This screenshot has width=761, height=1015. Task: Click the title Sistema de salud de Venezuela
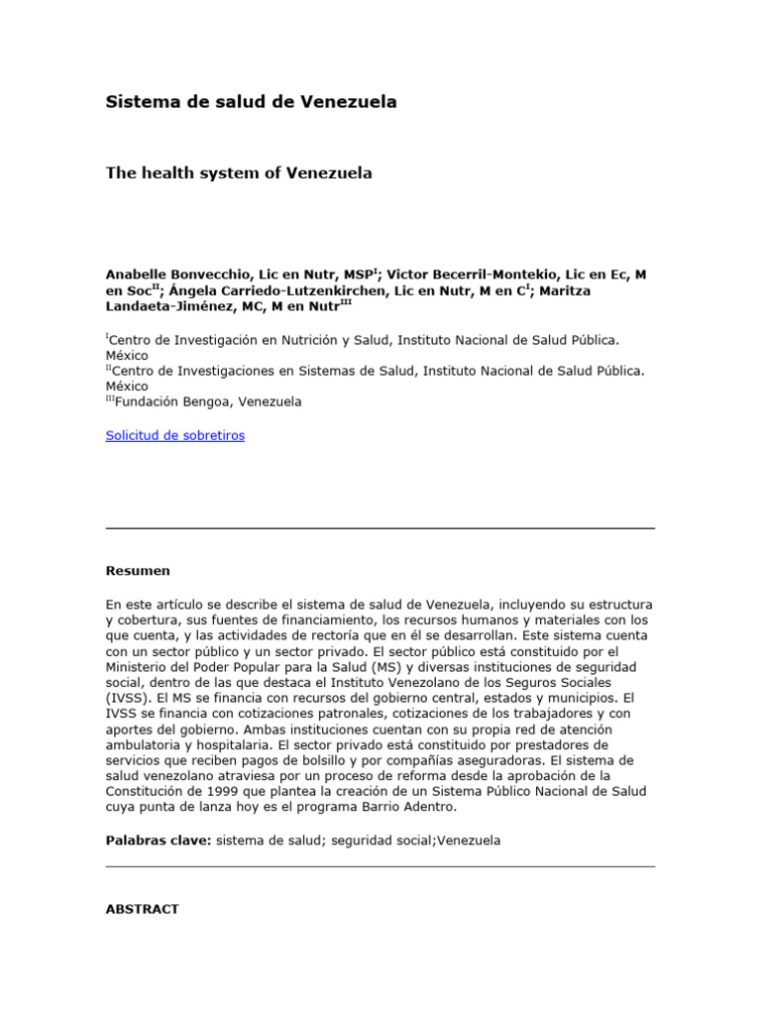[x=251, y=103]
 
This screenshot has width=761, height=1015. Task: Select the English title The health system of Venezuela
[x=239, y=172]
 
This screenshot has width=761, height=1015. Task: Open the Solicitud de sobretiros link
[x=174, y=435]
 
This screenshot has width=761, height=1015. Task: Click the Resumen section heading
[x=138, y=570]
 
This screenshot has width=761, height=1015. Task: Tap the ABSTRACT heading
[x=142, y=908]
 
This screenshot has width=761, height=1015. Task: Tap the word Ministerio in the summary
[x=142, y=666]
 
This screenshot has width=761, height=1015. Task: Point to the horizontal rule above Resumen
[x=380, y=528]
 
